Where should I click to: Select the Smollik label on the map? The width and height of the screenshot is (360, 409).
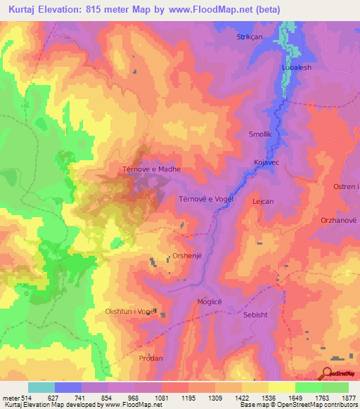[x=259, y=134]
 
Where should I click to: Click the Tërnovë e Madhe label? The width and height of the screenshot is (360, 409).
[x=151, y=169]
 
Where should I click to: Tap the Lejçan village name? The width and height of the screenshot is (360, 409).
[x=281, y=199]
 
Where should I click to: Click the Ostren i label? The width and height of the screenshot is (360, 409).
[x=345, y=186]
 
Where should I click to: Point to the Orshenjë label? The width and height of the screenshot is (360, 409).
[x=188, y=256]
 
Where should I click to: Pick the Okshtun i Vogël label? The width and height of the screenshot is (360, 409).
[x=129, y=311]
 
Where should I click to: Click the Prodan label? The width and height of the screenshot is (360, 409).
[x=150, y=358]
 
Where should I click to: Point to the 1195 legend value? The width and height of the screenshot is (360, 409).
[x=188, y=398]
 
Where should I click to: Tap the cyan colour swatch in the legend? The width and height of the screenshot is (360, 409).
[x=41, y=387]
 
